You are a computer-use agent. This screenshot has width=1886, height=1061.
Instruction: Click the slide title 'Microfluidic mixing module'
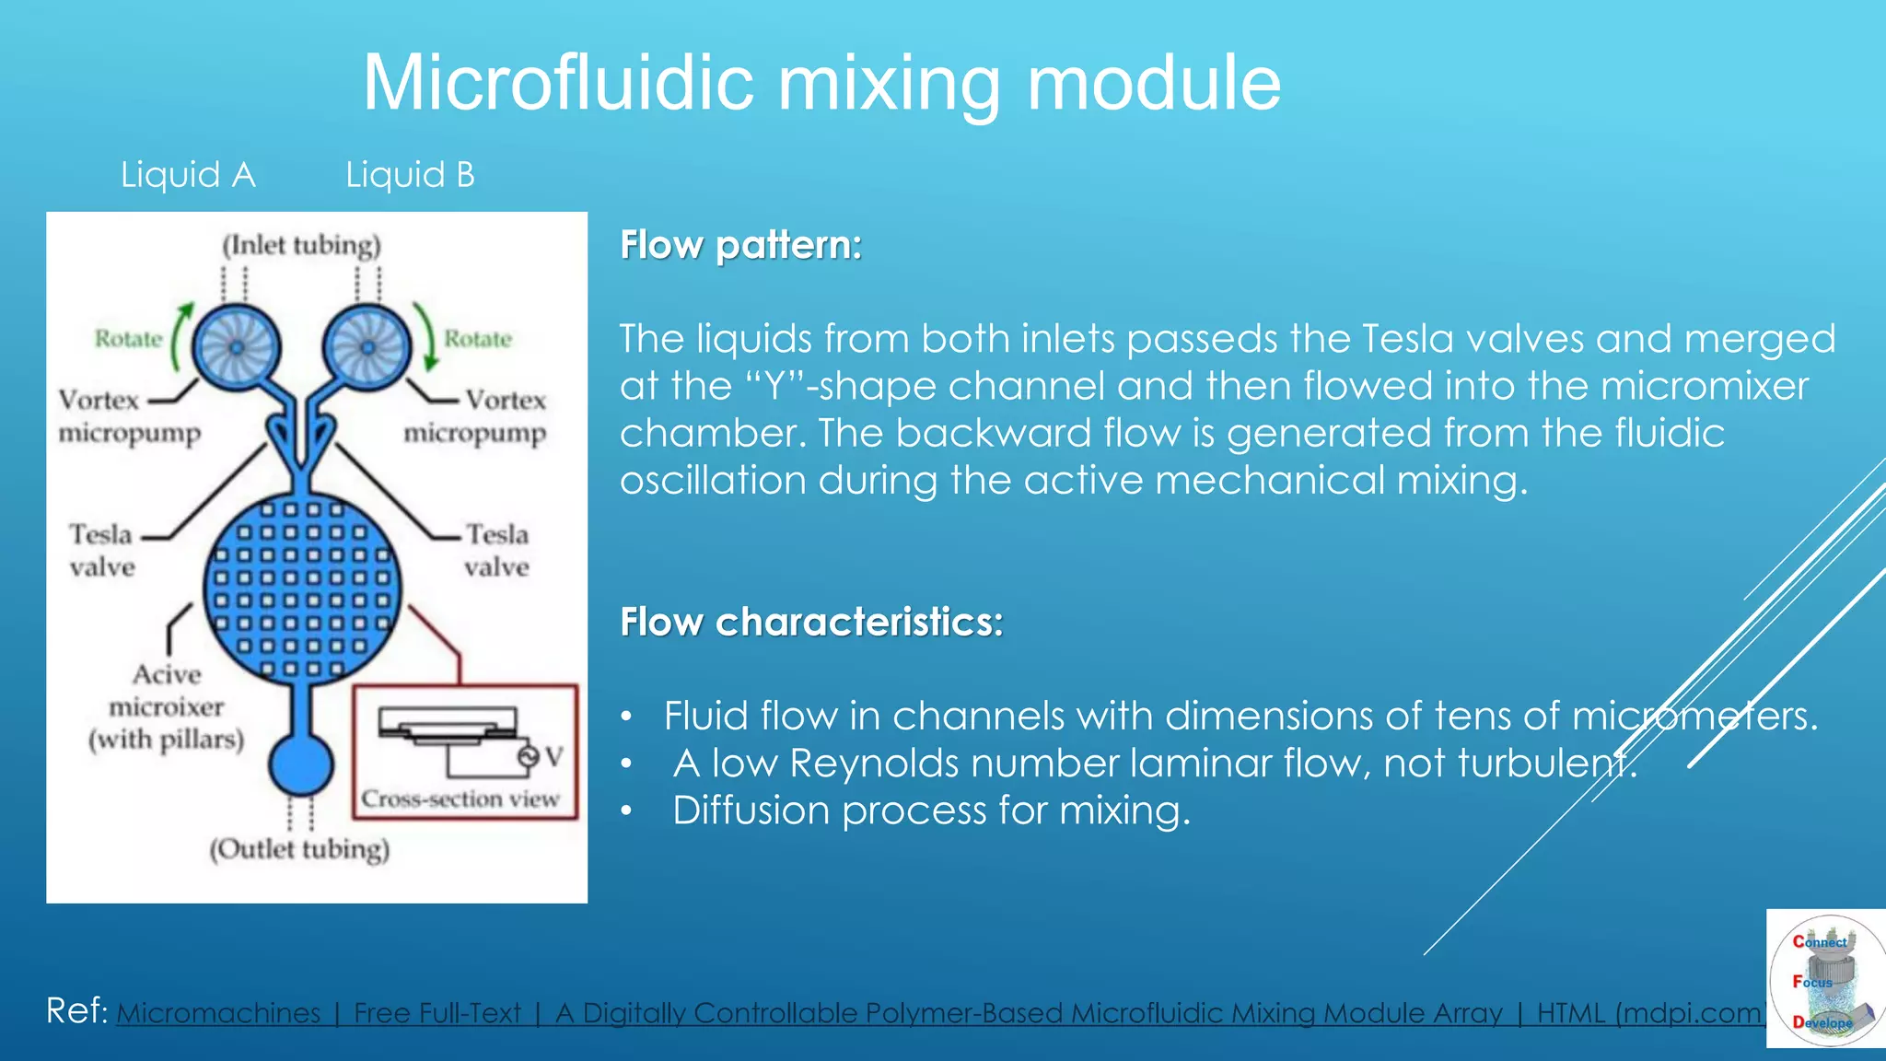click(x=821, y=83)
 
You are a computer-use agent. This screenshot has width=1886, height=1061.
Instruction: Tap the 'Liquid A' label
click(x=188, y=174)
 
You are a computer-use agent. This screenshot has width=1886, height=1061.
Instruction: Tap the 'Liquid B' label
click(x=410, y=174)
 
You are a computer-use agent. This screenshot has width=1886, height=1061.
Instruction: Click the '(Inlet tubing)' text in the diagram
click(x=301, y=245)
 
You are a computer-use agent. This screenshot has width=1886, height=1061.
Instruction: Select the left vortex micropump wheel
click(x=236, y=348)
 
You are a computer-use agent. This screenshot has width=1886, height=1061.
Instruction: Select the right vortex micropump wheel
click(x=367, y=348)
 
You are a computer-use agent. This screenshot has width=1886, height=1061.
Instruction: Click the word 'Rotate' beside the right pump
click(x=478, y=339)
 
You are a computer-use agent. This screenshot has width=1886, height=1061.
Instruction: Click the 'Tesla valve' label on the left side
click(x=101, y=550)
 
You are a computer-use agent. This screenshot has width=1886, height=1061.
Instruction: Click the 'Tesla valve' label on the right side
click(x=496, y=550)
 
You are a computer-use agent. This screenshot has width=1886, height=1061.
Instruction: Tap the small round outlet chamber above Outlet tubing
click(x=301, y=764)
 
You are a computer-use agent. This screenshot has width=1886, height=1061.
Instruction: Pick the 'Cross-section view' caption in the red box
click(x=460, y=799)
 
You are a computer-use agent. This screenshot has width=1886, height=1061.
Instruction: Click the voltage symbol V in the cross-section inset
click(x=553, y=756)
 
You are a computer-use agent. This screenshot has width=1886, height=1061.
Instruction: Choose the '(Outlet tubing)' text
click(x=299, y=848)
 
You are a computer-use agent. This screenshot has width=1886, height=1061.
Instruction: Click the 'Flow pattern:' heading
click(x=740, y=245)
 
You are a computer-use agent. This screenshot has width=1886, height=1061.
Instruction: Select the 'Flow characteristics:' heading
click(x=811, y=622)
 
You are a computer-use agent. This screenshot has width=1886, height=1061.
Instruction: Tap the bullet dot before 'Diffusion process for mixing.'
click(x=626, y=811)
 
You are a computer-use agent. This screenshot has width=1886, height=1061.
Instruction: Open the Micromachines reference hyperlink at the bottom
click(x=939, y=1013)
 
